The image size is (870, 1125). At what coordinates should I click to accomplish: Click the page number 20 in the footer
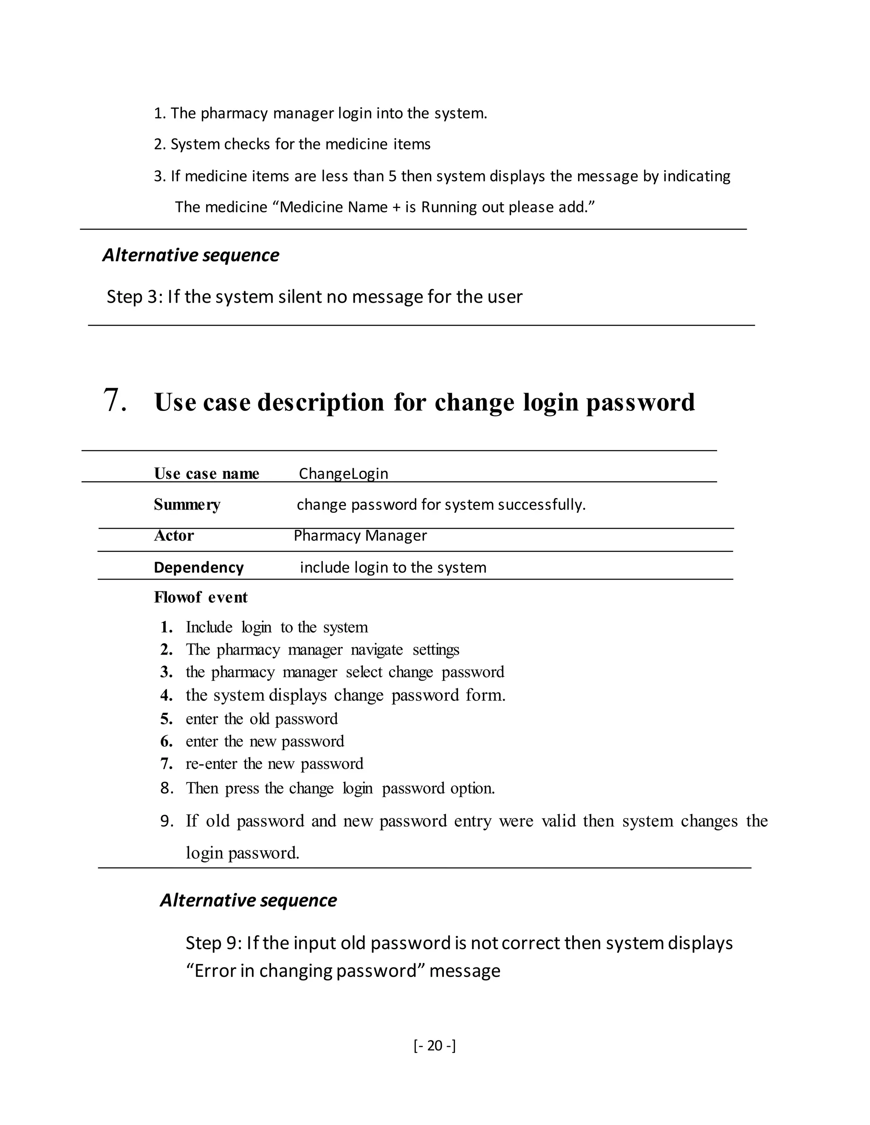point(435,1045)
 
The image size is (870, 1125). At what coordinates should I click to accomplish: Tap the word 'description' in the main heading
point(321,402)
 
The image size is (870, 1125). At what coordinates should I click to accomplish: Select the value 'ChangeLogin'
point(343,473)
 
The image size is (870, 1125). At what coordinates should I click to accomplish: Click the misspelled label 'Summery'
point(186,504)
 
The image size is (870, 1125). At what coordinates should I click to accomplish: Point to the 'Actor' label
point(174,536)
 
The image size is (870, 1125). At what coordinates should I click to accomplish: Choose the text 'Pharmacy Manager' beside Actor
point(360,536)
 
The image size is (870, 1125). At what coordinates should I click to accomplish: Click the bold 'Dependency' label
point(198,567)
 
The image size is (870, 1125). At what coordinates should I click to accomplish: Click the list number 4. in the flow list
point(166,695)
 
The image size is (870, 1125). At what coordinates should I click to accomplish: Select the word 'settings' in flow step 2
point(435,650)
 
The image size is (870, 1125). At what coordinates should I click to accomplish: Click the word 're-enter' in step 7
point(211,763)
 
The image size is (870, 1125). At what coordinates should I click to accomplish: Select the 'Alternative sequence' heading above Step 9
point(248,900)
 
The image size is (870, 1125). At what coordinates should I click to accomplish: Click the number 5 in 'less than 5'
point(392,176)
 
